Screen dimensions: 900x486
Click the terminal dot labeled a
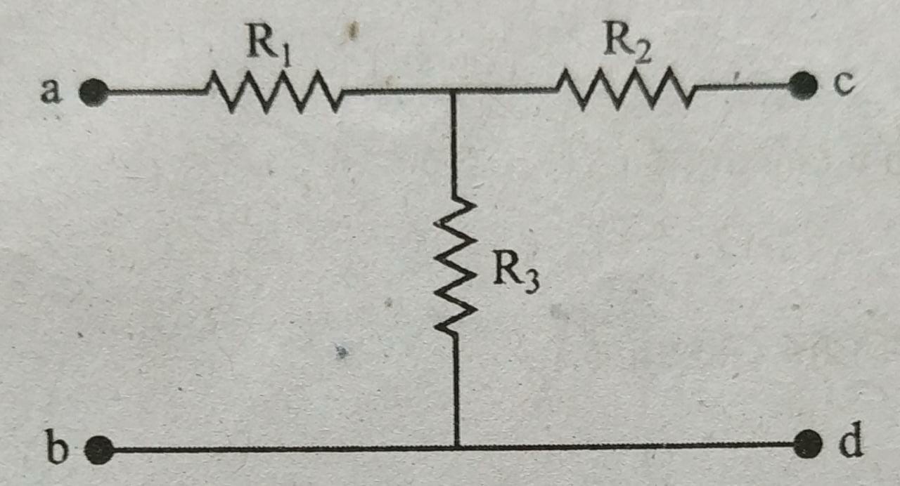tap(94, 93)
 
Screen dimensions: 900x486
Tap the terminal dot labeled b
tap(99, 450)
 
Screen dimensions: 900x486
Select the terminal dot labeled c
tap(803, 86)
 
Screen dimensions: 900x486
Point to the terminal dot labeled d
tap(809, 445)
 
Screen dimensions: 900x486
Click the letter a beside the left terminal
tap(51, 91)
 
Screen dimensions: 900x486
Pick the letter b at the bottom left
tap(57, 446)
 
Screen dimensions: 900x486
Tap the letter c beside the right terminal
tap(843, 84)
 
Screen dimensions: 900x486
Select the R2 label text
tap(627, 44)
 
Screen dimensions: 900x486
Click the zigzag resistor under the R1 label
tap(274, 92)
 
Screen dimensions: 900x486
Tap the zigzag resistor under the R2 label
tap(624, 88)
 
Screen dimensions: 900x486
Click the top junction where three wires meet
tap(454, 91)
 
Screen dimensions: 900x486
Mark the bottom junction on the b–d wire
tap(457, 447)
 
